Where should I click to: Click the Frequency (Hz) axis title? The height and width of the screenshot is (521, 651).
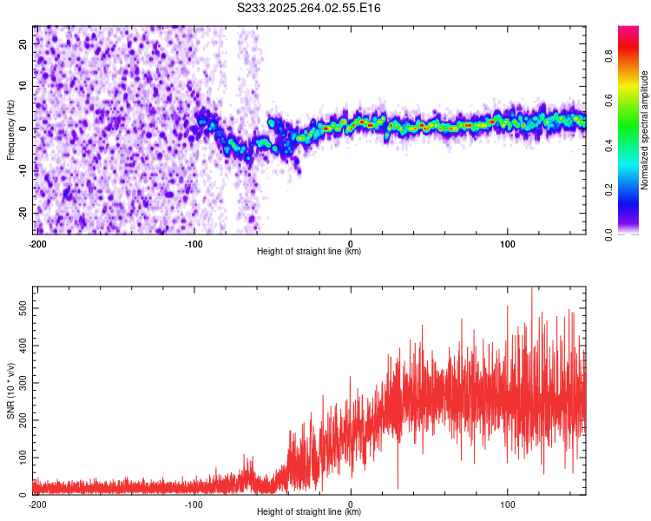tap(10, 129)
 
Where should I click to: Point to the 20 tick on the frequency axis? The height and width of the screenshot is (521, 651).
tap(23, 43)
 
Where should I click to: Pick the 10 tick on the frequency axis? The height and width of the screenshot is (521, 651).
tap(23, 86)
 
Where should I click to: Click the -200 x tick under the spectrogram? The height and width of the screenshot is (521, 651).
tap(36, 243)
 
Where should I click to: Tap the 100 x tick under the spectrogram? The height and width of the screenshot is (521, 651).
tap(508, 243)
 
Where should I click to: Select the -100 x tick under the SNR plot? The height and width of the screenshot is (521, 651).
tap(194, 504)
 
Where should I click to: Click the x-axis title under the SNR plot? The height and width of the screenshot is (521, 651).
tap(309, 512)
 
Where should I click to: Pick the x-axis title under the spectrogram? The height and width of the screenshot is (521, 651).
tap(309, 252)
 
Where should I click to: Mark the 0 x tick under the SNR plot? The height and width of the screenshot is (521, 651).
tap(351, 504)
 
